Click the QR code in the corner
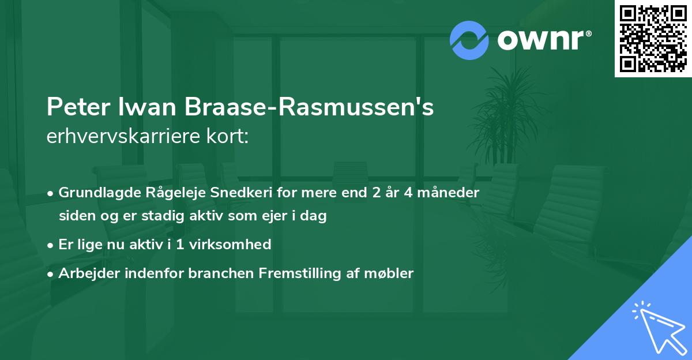coord(653,39)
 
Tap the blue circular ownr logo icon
coord(469,40)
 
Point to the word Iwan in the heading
coord(138,107)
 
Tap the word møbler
coord(392,273)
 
